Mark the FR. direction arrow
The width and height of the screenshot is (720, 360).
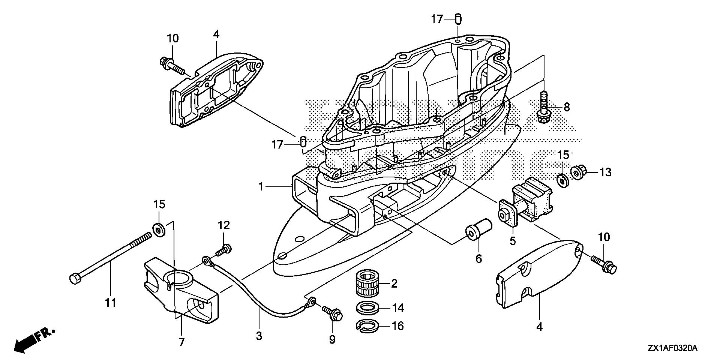[34, 339]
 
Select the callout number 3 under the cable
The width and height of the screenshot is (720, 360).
[259, 336]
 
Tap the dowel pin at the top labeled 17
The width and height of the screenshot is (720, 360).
[458, 19]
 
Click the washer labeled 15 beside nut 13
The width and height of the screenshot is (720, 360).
[563, 180]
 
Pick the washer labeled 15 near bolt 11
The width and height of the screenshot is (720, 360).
[159, 229]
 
